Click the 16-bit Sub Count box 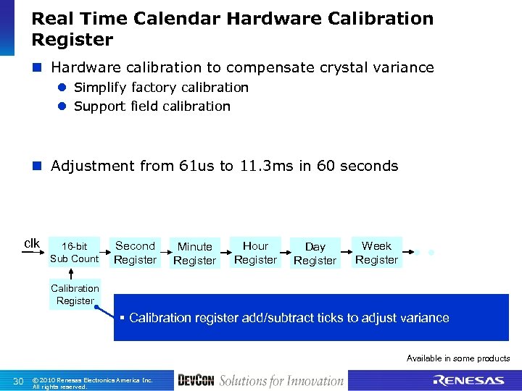click(74, 253)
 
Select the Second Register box click(135, 253)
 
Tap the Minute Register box click(194, 253)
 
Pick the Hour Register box click(255, 253)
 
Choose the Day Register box click(315, 253)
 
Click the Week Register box click(376, 253)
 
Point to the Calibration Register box click(75, 294)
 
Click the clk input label click(33, 243)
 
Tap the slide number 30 click(19, 382)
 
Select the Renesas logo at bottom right click(468, 381)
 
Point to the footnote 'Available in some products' click(457, 358)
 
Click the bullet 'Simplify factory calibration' click(161, 88)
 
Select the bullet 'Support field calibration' click(152, 106)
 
